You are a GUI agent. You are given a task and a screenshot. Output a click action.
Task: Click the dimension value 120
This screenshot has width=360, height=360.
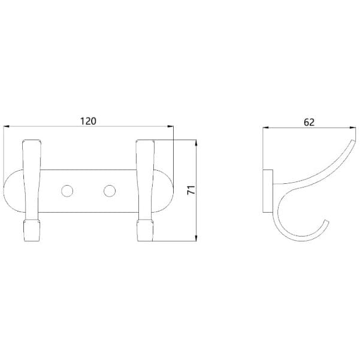[88, 121]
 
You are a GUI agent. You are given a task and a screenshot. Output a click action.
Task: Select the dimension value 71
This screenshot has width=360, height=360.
[191, 190]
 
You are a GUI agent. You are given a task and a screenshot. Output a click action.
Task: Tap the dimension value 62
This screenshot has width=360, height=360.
[309, 122]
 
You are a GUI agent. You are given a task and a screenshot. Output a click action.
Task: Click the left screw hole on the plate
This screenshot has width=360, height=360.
[67, 191]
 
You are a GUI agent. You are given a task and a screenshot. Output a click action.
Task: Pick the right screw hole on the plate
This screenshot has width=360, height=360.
[110, 191]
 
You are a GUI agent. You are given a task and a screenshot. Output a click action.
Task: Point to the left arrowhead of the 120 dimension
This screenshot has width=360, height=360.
[7, 126]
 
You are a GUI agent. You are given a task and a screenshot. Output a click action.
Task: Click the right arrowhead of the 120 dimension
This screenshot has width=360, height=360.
[170, 126]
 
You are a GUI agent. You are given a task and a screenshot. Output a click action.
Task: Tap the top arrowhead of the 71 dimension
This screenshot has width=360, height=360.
[196, 143]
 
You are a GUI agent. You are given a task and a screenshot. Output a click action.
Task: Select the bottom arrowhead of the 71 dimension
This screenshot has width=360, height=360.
[196, 238]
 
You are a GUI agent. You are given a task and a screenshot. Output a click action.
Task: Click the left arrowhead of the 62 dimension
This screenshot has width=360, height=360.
[265, 128]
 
